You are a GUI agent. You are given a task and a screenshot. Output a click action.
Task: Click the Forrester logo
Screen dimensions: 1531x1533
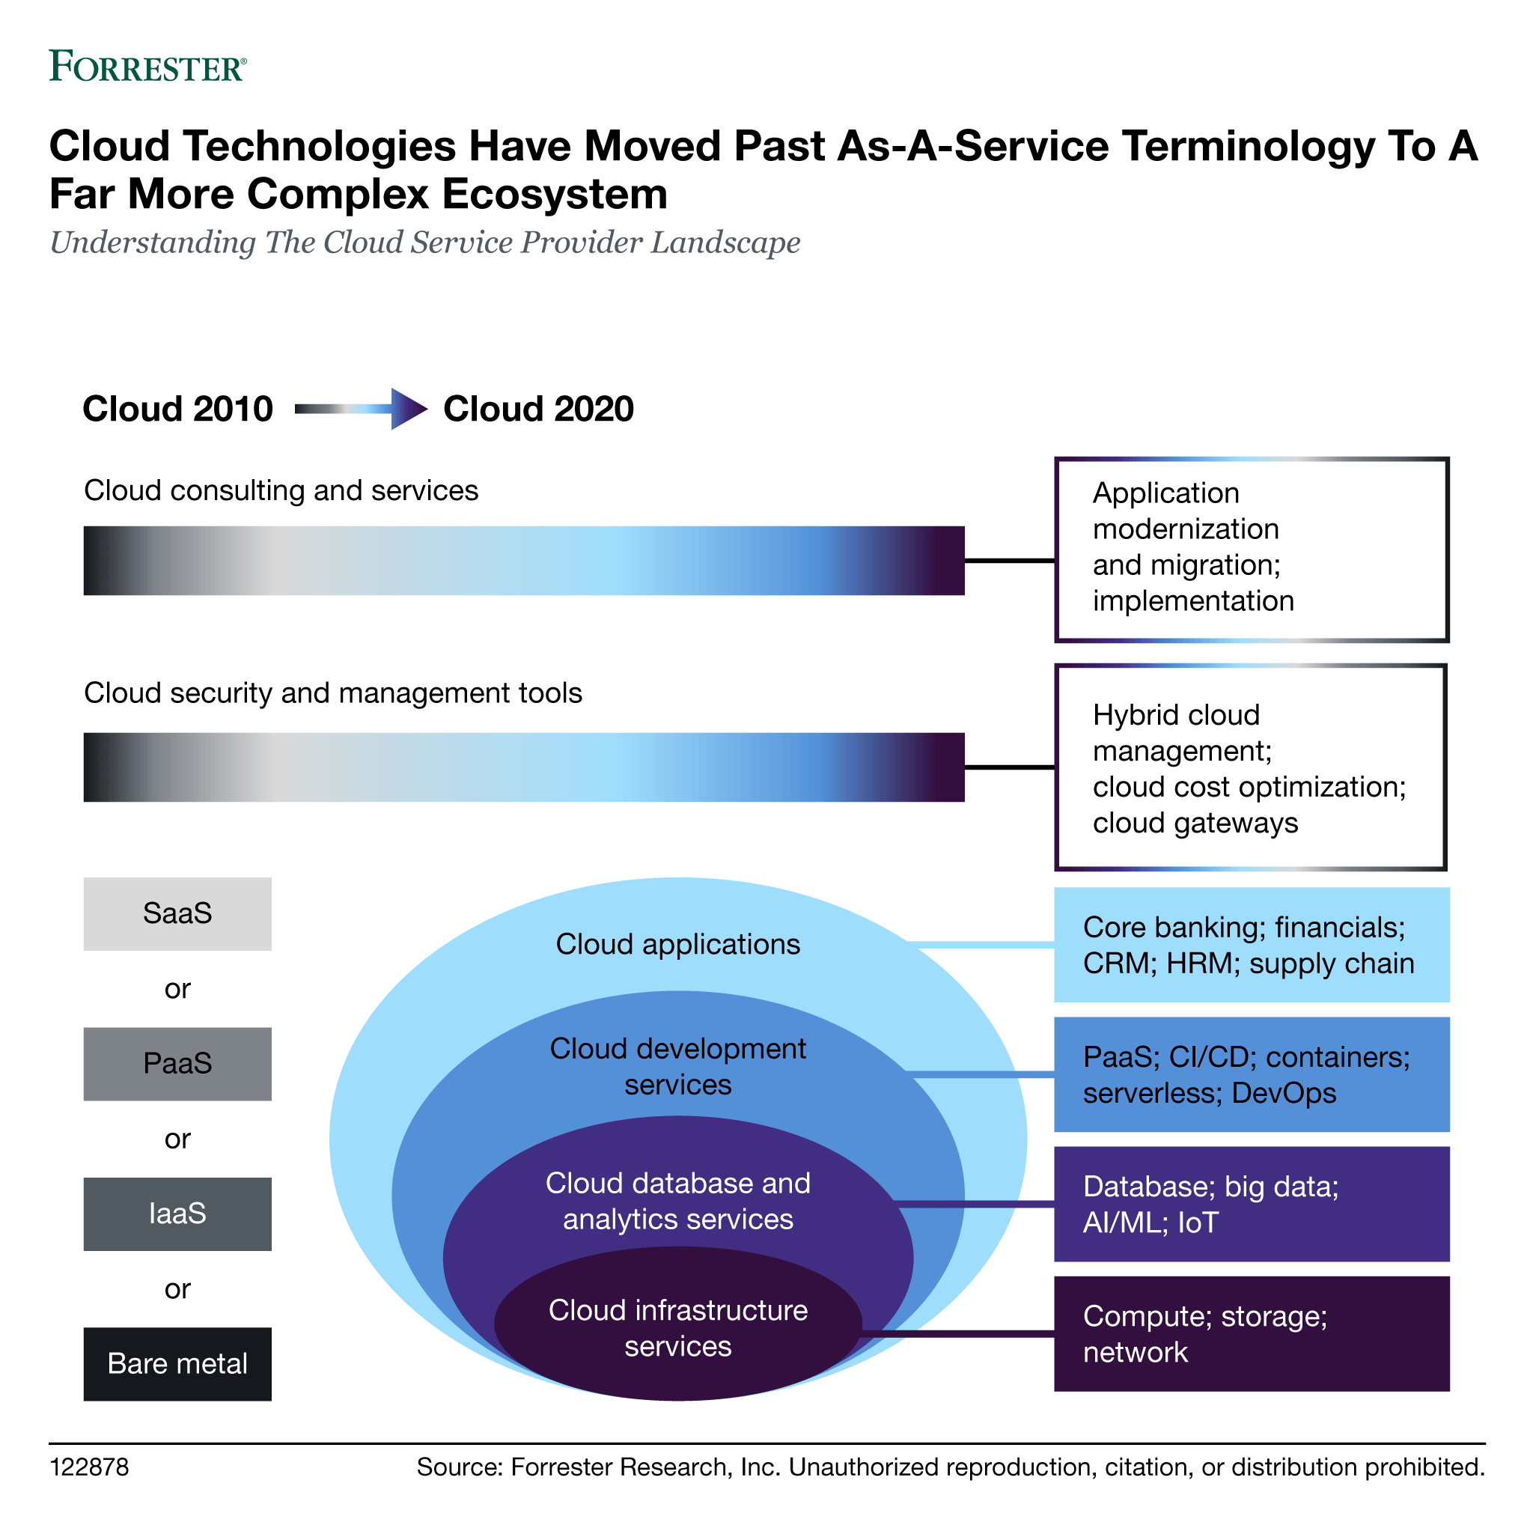tap(147, 66)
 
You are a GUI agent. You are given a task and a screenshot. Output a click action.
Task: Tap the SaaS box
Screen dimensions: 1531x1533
tap(177, 913)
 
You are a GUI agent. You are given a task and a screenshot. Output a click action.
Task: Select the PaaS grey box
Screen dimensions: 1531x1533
tap(177, 1064)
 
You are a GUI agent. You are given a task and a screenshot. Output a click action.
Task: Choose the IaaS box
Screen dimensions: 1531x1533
tap(177, 1214)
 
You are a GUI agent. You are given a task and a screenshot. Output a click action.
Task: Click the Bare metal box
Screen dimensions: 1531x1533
tap(177, 1363)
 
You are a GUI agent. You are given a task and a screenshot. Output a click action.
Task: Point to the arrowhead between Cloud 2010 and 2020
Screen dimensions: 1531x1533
tap(408, 410)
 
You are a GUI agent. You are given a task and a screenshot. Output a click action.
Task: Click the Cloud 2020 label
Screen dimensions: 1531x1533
tap(538, 410)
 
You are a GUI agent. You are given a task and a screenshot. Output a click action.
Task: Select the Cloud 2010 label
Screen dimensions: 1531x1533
tap(177, 410)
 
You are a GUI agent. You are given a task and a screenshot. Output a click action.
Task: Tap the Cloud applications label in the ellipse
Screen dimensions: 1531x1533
tap(677, 945)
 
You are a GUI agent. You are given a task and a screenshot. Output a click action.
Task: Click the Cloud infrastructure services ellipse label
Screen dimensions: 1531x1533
tap(677, 1328)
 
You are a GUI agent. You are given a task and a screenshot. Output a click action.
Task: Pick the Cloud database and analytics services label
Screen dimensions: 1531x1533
tap(677, 1201)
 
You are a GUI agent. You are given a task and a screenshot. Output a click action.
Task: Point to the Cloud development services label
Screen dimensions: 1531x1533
tap(677, 1066)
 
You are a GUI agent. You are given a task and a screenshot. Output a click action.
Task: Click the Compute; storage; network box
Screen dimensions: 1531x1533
tap(1251, 1333)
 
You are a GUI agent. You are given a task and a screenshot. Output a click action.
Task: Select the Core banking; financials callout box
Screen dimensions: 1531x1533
tap(1251, 945)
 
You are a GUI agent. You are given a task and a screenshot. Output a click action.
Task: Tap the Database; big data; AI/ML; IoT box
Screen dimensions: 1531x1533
tap(1251, 1204)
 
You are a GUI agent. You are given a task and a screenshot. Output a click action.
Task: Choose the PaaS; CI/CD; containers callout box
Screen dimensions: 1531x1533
tap(1251, 1074)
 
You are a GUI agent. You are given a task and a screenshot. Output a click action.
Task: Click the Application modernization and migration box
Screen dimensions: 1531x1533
tap(1251, 550)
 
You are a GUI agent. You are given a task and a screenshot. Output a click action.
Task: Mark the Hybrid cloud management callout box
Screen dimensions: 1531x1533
tap(1251, 767)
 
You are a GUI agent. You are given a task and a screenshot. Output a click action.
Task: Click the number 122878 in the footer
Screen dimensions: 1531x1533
tap(89, 1467)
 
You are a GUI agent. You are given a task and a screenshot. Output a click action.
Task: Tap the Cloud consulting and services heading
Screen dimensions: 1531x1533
tap(281, 490)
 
